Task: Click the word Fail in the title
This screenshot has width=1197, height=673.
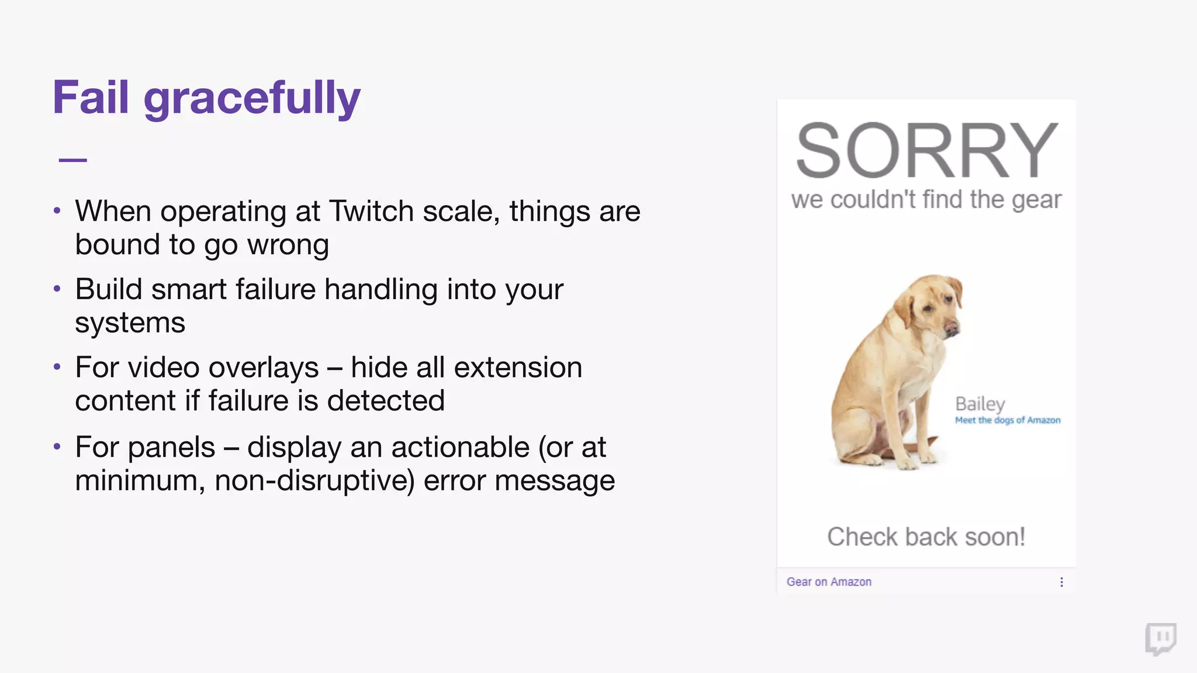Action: point(91,98)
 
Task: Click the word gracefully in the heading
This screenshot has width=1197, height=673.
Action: point(252,99)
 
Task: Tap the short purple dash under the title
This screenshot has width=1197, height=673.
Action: point(73,159)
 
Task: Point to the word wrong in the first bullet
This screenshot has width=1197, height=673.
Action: point(288,245)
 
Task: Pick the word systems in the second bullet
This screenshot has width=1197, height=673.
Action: point(130,323)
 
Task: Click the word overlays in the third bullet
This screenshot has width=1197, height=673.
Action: point(264,368)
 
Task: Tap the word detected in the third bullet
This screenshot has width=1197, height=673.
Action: point(386,401)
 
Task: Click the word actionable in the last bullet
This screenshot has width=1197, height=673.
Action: point(460,447)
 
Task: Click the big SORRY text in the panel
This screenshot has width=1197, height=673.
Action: point(926,151)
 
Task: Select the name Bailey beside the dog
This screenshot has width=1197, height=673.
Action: point(980,404)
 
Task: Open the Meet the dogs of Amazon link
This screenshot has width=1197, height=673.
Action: point(1007,420)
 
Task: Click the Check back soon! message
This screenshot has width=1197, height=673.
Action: point(926,537)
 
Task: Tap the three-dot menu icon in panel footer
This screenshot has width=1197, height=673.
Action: point(1061,582)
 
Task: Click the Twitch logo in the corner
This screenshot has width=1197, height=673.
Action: point(1161,639)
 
